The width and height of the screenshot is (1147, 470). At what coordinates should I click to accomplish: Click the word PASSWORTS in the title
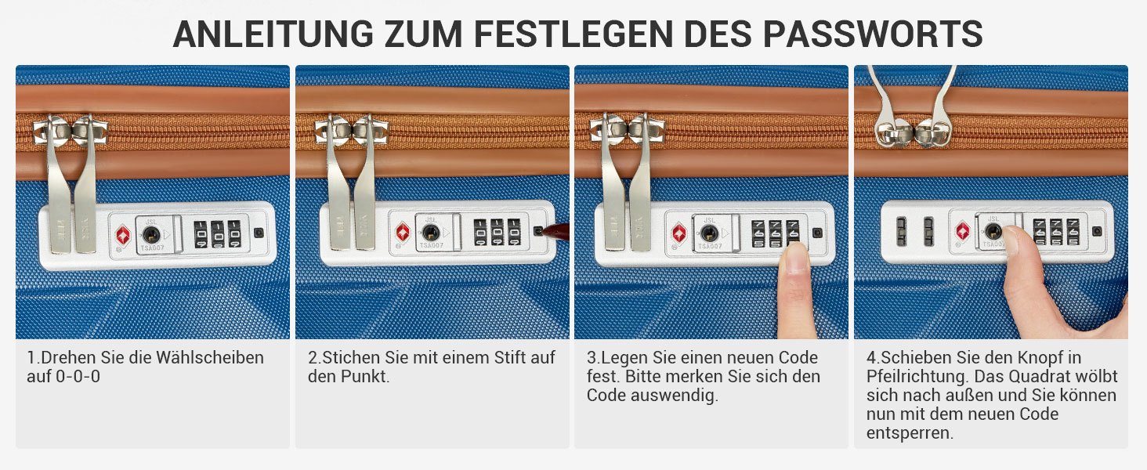coord(873,34)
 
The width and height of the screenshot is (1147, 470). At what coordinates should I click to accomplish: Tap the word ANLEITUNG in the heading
coord(273,34)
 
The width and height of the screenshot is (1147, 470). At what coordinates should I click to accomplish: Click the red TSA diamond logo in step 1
coord(123,236)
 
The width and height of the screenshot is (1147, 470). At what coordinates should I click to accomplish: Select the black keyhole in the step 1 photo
coord(150,235)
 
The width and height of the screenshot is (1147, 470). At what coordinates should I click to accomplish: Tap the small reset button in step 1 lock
coord(259,233)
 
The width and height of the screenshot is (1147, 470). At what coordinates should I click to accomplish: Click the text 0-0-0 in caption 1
coord(78,376)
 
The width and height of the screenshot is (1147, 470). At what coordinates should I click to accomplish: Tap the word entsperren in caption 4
coord(910,433)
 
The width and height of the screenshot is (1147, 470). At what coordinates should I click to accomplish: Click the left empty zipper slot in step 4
coord(901,231)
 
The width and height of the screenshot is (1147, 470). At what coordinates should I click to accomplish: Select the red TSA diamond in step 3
coord(679,233)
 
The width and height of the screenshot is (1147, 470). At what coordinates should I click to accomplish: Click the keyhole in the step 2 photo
coord(431,233)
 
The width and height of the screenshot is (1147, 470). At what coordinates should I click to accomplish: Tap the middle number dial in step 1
coord(218,234)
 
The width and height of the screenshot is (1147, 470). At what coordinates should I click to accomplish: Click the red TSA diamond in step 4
coord(963,231)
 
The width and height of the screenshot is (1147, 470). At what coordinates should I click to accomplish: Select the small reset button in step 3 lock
coord(818,233)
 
